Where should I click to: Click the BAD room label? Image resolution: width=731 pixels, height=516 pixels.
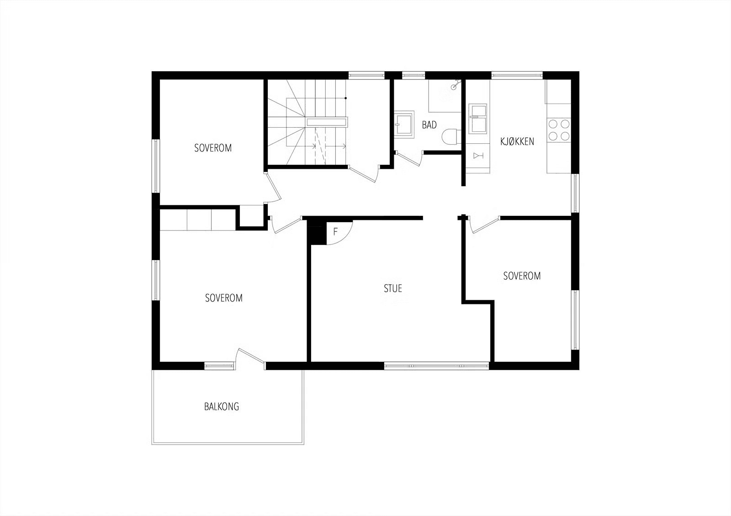tap(429, 125)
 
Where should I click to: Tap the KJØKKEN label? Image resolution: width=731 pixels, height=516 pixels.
tap(517, 141)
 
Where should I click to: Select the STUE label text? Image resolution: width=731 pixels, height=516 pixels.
tap(393, 288)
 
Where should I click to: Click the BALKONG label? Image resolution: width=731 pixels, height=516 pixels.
tap(222, 407)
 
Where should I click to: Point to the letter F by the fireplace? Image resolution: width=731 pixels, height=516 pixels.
tap(335, 232)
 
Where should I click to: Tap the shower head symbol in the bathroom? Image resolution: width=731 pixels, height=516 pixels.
tap(455, 85)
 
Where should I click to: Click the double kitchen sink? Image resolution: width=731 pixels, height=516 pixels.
tap(478, 119)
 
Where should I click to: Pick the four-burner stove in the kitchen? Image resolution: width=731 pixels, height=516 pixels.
tap(559, 130)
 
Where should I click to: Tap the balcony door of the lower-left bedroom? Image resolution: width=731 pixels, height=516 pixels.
tap(250, 358)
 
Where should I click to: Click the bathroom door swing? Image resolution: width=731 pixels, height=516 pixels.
tap(408, 158)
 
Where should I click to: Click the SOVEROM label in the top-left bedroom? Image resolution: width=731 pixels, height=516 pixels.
tap(213, 148)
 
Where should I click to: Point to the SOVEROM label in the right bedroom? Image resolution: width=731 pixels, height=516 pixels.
tap(522, 276)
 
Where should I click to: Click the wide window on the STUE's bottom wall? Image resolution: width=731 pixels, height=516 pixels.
tap(437, 366)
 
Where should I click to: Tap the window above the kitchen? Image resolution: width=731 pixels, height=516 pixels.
tap(517, 75)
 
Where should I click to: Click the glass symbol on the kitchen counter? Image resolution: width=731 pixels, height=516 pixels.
tap(478, 156)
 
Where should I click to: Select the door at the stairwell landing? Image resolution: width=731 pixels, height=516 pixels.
tap(364, 173)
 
